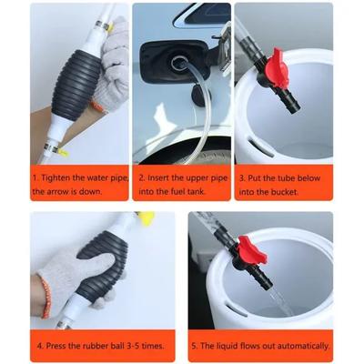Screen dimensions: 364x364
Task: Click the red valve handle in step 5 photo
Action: tap(251, 248)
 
